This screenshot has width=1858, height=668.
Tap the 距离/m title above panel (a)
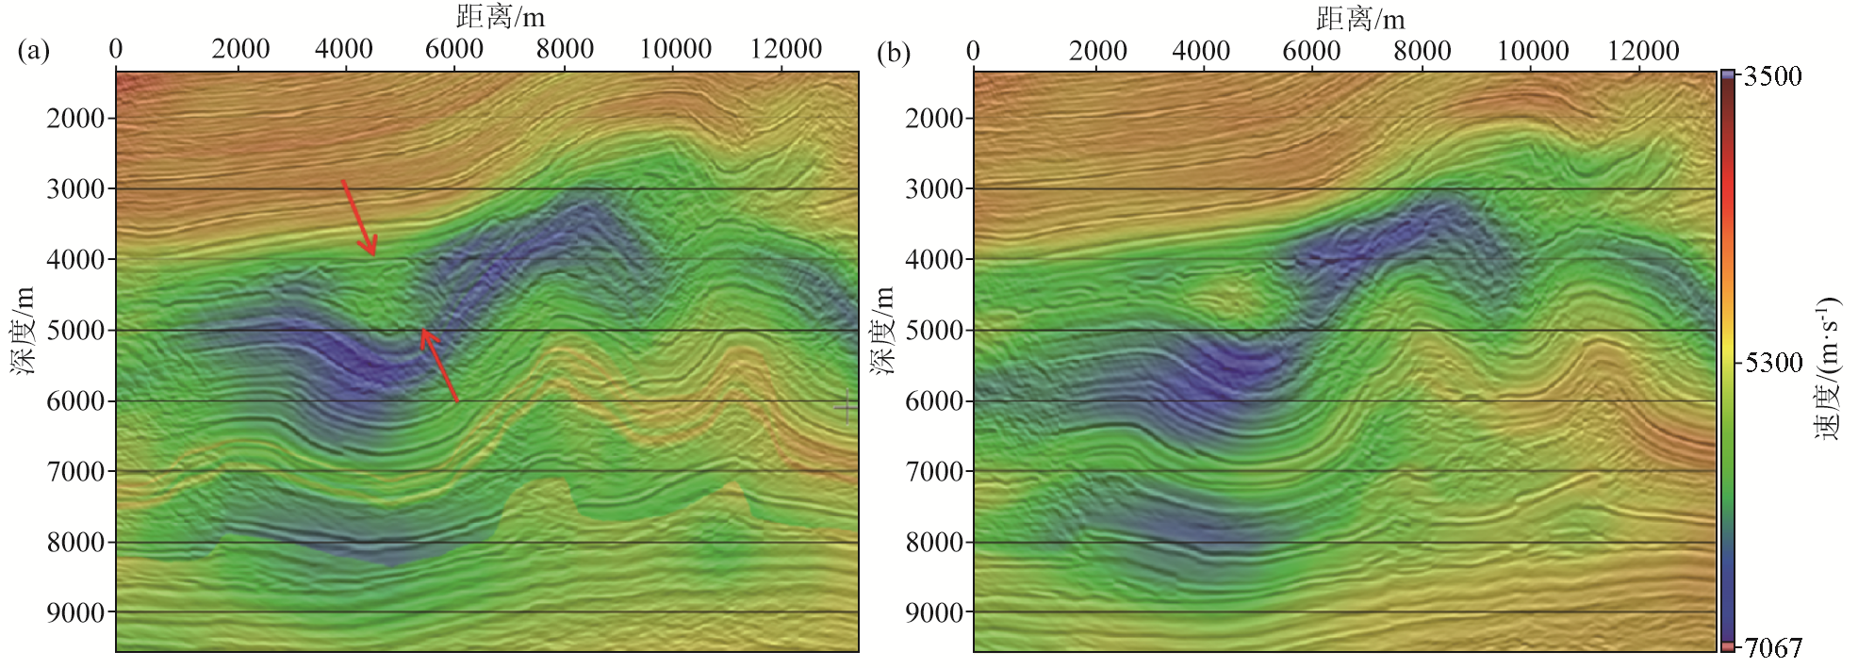click(500, 17)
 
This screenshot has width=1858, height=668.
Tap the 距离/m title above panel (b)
click(1359, 18)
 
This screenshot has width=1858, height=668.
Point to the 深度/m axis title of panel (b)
click(882, 331)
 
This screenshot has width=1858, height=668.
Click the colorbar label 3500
click(1772, 76)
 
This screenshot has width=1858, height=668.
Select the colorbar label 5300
click(1773, 363)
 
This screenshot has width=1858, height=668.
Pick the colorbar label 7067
click(1772, 648)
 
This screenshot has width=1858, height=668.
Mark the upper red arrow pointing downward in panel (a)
click(359, 218)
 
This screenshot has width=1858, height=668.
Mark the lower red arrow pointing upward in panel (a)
click(439, 366)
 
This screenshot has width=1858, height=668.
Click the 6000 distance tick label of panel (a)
click(454, 49)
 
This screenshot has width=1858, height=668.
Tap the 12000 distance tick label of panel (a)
click(785, 49)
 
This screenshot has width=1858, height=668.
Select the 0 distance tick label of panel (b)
click(973, 51)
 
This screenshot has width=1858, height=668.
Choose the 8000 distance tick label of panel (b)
click(1422, 51)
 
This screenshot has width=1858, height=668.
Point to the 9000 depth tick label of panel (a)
click(75, 613)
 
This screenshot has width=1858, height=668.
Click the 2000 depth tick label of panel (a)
click(75, 119)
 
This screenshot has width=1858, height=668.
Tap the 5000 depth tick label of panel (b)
click(934, 331)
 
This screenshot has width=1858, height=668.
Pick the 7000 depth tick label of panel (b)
click(934, 471)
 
